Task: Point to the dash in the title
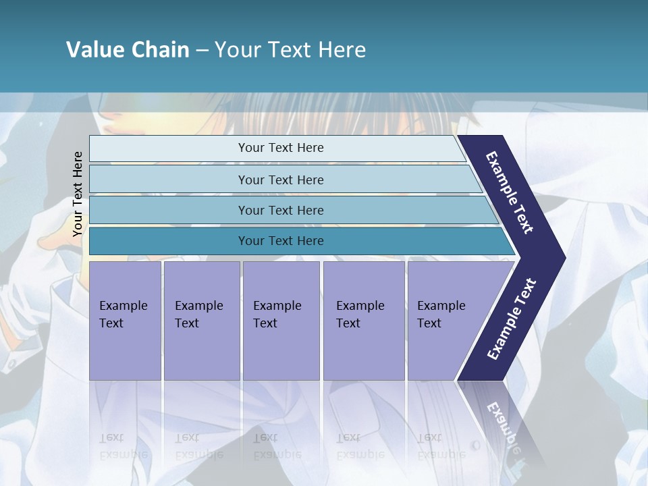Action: click(202, 51)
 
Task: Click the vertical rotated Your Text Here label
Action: click(78, 194)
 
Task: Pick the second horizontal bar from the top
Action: click(280, 180)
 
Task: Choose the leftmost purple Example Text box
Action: click(125, 320)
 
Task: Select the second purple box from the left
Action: click(201, 320)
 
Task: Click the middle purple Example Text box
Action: click(281, 320)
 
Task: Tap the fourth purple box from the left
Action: click(363, 320)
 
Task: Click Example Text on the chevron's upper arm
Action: click(510, 192)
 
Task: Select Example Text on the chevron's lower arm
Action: click(511, 319)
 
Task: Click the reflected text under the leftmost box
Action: click(123, 446)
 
